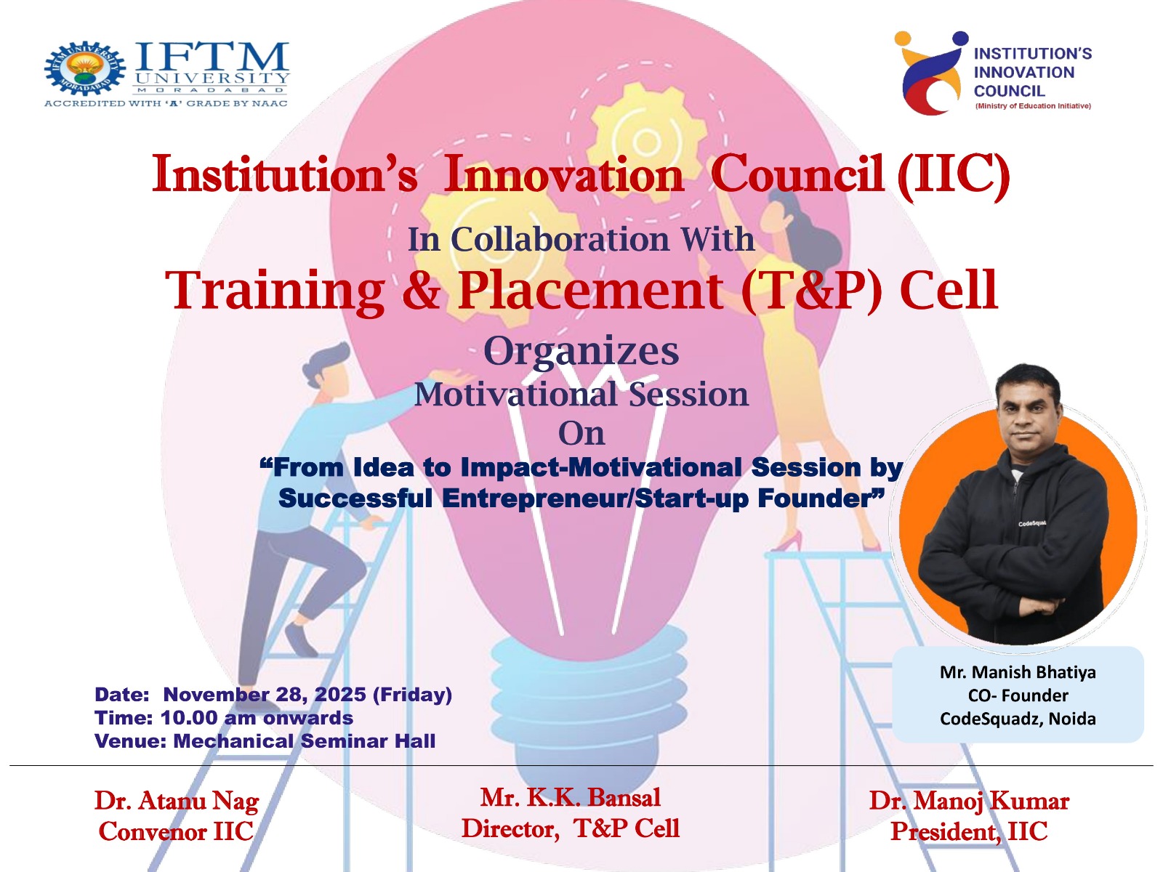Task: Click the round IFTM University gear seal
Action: pos(85,68)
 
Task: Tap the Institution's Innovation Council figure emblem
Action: pos(930,73)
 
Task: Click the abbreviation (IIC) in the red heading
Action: pos(954,174)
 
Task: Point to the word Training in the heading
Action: pos(275,291)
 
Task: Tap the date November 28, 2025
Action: pos(265,694)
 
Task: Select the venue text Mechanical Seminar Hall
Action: pos(305,741)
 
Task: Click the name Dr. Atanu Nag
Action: pos(177,802)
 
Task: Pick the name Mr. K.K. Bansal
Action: pos(571,798)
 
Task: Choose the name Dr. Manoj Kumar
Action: pos(969,801)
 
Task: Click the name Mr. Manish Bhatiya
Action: pos(1018,672)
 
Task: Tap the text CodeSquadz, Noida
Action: pos(1018,719)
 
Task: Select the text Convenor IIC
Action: pos(177,832)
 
